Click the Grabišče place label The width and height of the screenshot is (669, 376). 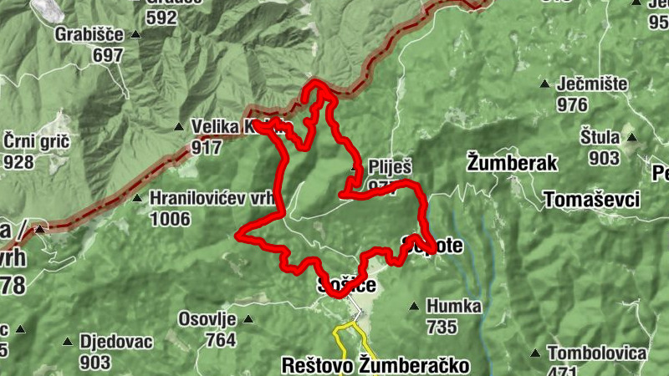click(x=88, y=34)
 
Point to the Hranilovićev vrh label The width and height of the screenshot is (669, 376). click(x=212, y=198)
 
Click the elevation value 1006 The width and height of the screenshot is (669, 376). click(x=171, y=219)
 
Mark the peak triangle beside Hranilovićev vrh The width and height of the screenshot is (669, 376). click(x=137, y=199)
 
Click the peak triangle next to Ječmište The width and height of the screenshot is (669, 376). click(x=545, y=84)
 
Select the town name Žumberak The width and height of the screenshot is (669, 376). click(x=512, y=162)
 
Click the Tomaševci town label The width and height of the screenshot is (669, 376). click(x=591, y=200)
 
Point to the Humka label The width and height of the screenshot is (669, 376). click(x=454, y=306)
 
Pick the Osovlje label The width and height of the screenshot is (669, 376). click(x=207, y=319)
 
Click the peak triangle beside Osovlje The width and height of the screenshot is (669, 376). click(x=248, y=319)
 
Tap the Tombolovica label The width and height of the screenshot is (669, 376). click(x=597, y=352)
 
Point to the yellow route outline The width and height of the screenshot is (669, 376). click(x=338, y=334)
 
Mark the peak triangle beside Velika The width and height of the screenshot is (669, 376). click(x=178, y=127)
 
